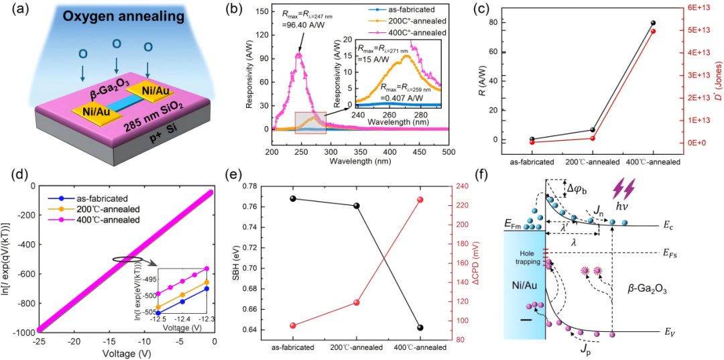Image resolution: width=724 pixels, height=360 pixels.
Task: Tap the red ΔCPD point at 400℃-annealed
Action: (x=420, y=200)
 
